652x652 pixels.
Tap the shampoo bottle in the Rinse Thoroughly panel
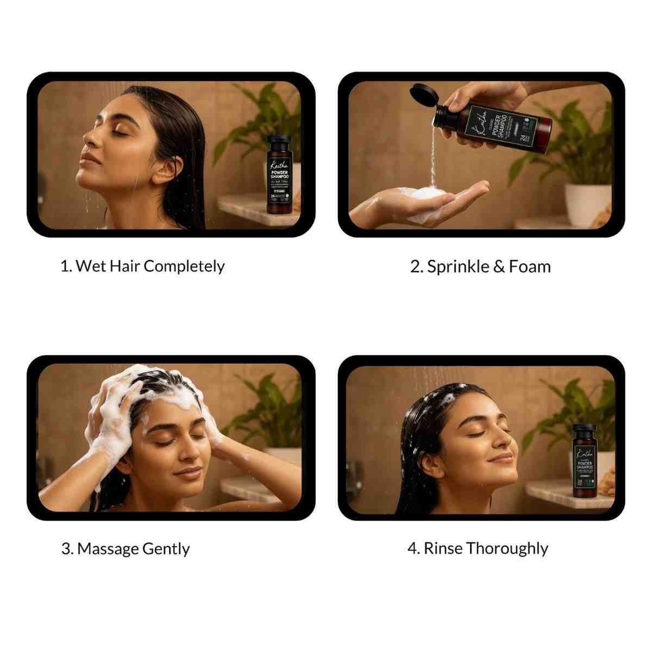(x=586, y=462)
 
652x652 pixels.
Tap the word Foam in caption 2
(x=529, y=267)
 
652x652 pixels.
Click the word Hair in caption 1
(x=124, y=266)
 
